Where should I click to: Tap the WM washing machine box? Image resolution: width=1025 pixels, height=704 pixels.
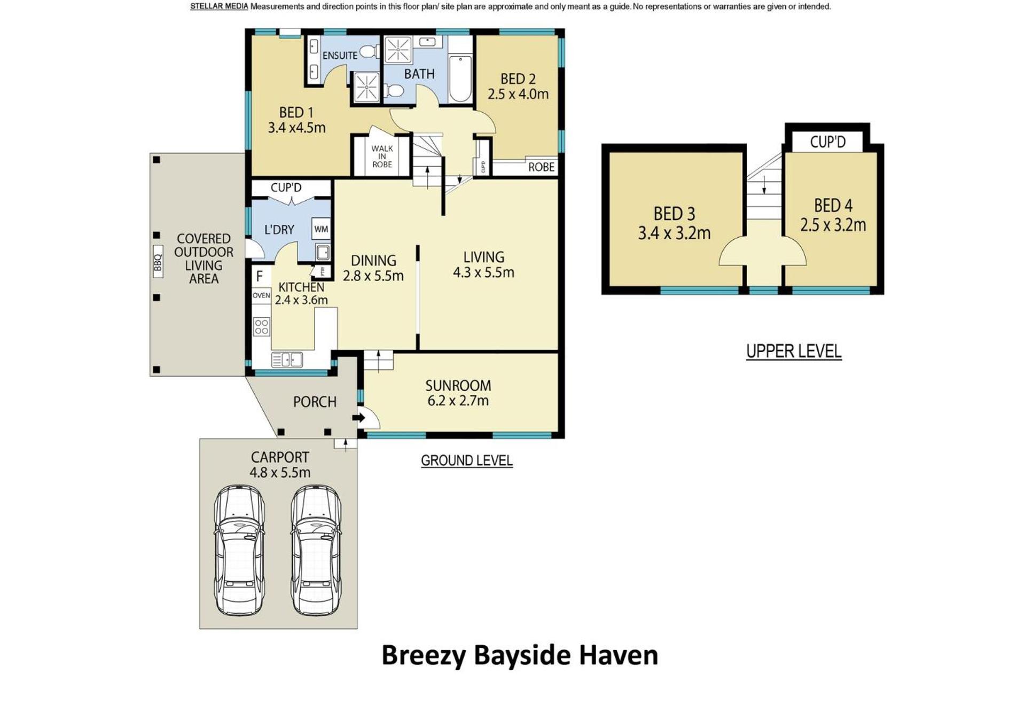pos(321,229)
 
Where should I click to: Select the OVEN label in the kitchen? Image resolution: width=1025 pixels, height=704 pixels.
pos(261,295)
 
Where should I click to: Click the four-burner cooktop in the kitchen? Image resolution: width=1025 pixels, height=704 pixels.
pos(262,326)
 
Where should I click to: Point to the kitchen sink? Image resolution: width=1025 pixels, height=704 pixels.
pos(287,359)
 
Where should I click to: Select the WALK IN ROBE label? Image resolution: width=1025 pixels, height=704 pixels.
pos(382,156)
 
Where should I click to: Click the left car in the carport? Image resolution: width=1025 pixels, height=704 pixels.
pos(239,550)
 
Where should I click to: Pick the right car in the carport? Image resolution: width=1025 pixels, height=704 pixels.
pos(316,550)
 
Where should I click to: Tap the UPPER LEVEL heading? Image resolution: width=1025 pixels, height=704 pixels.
pos(794,351)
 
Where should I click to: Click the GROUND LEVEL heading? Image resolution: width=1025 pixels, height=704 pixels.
pos(467,460)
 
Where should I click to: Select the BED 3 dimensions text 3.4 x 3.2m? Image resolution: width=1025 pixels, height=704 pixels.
pos(674,233)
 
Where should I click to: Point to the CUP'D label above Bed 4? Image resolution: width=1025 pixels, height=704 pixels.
pos(828,142)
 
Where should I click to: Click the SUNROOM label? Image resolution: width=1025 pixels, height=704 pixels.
pos(458,385)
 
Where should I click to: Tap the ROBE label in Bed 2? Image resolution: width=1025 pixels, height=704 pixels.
pos(541,167)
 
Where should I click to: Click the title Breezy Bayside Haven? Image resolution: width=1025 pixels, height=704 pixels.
pos(520,656)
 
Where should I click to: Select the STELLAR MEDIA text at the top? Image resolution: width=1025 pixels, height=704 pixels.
pos(219,6)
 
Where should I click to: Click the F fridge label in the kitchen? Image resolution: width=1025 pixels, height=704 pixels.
pos(260,276)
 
